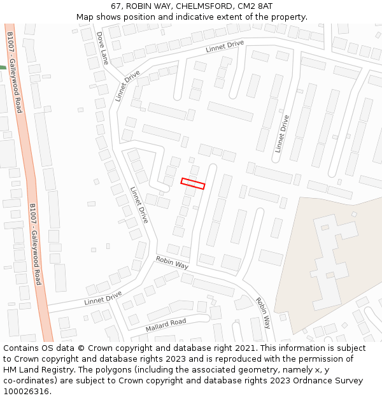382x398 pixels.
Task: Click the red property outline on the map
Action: pyautogui.click(x=192, y=183)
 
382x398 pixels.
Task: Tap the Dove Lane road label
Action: pyautogui.click(x=102, y=48)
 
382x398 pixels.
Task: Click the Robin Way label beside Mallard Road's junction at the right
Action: pyautogui.click(x=263, y=312)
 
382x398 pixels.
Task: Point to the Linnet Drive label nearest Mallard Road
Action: pyautogui.click(x=103, y=297)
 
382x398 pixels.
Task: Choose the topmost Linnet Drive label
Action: pyautogui.click(x=225, y=46)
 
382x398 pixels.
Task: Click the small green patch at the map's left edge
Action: pyautogui.click(x=3, y=67)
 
